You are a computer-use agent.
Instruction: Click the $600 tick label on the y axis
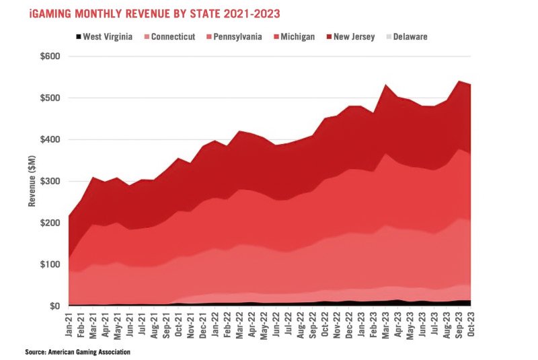(49, 56)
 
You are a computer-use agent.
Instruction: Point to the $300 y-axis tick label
(49, 181)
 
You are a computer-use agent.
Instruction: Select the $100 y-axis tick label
(49, 264)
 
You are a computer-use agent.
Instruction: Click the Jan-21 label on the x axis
(69, 324)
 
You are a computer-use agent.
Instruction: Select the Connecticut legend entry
(169, 36)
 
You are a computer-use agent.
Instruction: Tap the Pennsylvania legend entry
(235, 36)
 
